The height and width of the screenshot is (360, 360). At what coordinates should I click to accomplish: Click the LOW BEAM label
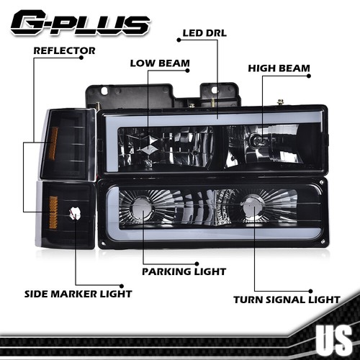click(x=160, y=63)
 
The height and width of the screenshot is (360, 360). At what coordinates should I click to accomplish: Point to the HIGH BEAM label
click(x=279, y=68)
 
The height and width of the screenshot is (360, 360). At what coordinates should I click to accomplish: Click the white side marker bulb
click(x=74, y=213)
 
